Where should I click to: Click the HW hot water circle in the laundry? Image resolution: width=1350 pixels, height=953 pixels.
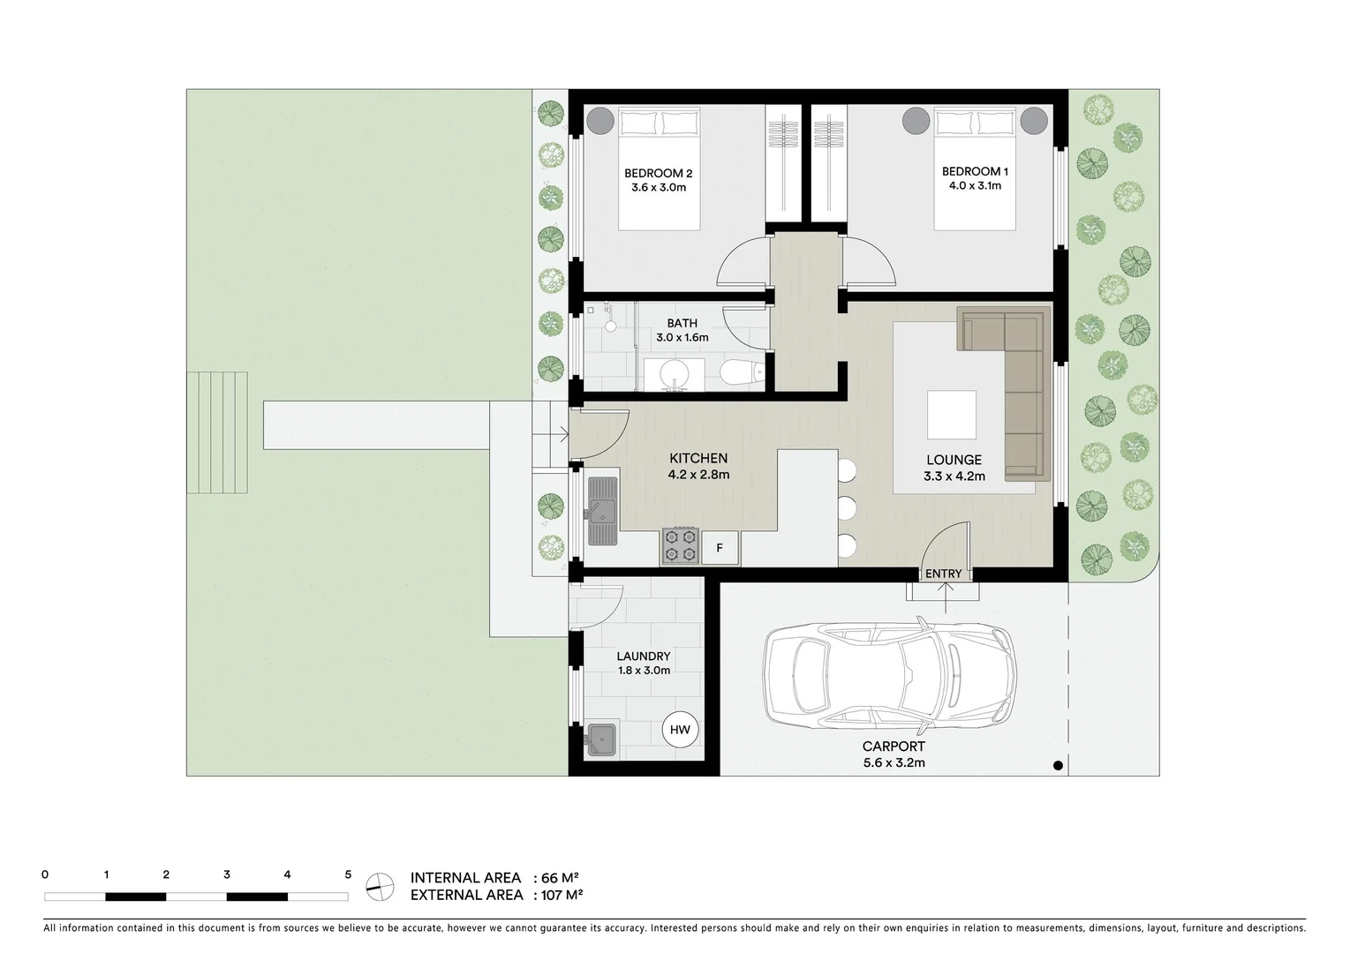680,730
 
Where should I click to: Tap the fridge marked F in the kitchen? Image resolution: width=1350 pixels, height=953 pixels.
720,548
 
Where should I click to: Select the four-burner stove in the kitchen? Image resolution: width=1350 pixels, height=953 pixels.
680,546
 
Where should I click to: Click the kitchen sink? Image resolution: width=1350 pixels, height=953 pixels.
603,511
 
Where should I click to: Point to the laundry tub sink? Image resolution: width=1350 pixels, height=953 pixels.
602,739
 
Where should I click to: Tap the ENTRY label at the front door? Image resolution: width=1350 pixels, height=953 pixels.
943,574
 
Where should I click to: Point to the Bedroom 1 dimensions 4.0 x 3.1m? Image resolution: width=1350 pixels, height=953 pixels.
975,186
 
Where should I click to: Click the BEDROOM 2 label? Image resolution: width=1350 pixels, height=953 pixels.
658,173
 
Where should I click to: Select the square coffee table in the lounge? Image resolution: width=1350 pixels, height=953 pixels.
951,415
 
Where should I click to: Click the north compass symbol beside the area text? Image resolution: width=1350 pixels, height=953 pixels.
381,885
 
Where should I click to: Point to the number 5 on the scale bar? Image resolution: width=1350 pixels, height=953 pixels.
348,875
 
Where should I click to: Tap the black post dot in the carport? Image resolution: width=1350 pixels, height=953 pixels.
1058,765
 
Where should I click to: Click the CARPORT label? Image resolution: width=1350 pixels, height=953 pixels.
894,747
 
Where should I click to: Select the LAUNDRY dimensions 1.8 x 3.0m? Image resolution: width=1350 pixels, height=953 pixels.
643,671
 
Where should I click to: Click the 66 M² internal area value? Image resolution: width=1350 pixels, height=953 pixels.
560,878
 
